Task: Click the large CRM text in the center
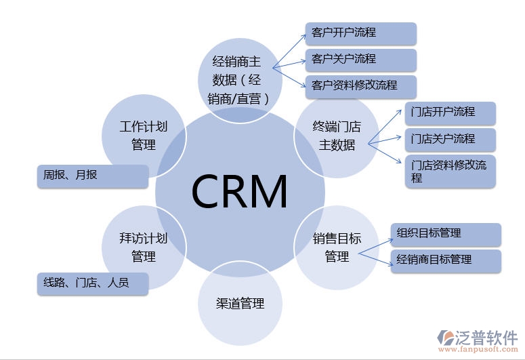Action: [240, 191]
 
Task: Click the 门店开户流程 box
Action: [450, 113]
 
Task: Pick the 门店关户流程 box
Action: [450, 140]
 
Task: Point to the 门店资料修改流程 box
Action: [450, 171]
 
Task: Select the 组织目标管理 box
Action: [446, 234]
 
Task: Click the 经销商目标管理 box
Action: [446, 260]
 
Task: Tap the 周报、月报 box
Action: [91, 176]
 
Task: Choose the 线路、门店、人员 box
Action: [91, 283]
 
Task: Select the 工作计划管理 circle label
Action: [143, 136]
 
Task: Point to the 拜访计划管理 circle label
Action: [143, 247]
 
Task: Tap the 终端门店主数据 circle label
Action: [337, 136]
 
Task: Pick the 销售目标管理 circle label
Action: [337, 247]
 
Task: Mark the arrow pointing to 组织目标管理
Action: [375, 245]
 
